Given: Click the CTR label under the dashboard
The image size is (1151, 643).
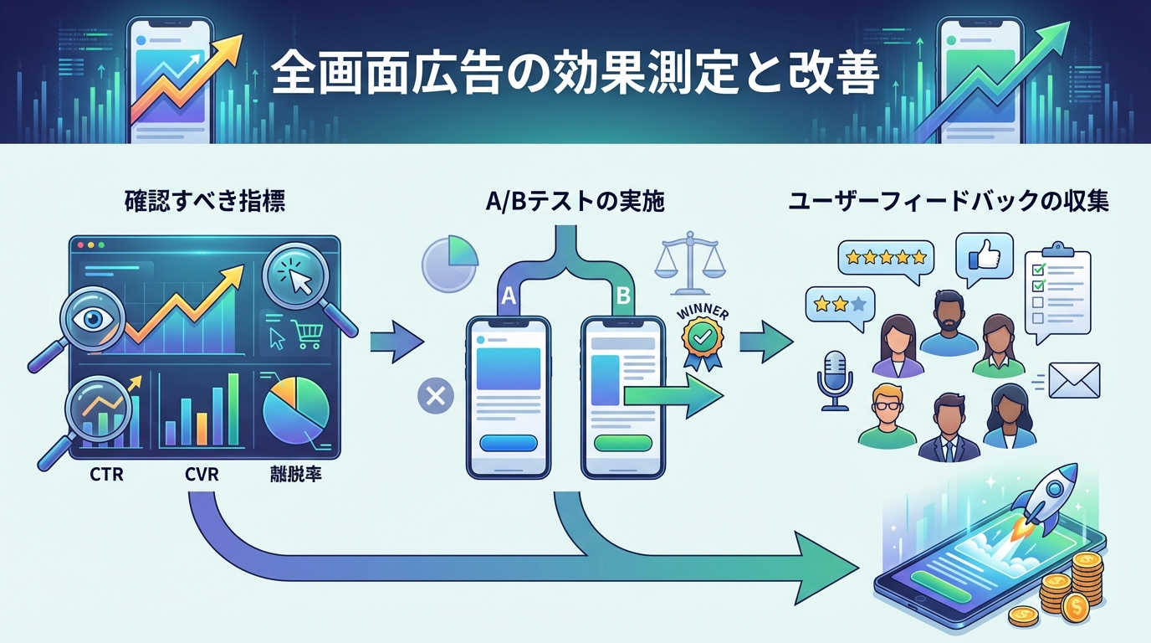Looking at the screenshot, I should point(106,475).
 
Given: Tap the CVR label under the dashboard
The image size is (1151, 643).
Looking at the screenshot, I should point(202,475).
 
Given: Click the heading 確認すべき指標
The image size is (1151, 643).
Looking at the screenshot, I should point(205,202).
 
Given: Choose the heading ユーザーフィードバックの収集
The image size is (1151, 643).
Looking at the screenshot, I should point(949,202).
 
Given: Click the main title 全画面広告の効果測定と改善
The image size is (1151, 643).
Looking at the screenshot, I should point(575,75).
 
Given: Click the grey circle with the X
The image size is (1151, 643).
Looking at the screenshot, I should point(435,394).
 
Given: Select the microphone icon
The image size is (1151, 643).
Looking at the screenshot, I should point(835,379).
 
